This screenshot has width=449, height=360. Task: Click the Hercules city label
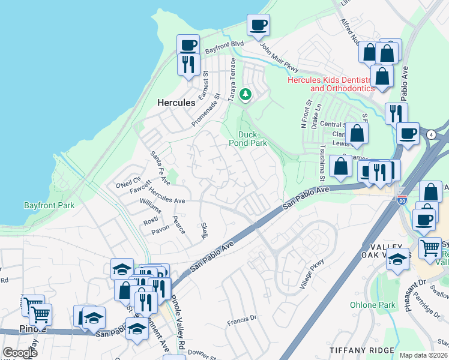[176, 103]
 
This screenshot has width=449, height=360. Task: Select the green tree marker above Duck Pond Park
[245, 94]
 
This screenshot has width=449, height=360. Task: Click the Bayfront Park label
[49, 205]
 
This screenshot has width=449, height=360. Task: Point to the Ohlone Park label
[373, 305]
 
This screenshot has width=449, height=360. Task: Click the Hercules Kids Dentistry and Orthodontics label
[331, 83]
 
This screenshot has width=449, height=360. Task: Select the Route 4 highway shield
[432, 135]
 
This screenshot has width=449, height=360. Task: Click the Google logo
[20, 353]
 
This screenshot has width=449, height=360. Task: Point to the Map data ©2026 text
[423, 355]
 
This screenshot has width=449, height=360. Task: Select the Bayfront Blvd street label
[224, 47]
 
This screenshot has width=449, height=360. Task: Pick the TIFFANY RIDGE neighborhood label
[361, 350]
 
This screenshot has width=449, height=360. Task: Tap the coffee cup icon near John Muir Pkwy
[258, 25]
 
